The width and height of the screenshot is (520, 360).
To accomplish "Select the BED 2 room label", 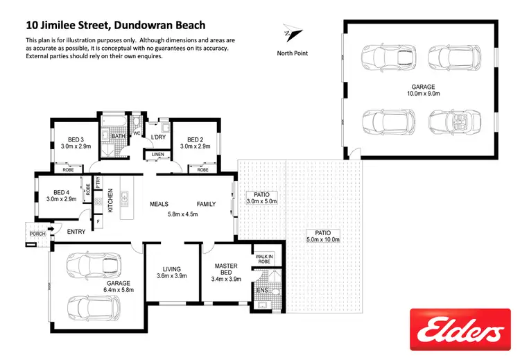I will [195, 139].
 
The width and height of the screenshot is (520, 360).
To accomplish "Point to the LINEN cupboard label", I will [158, 155].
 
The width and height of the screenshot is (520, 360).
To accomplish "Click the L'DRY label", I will [159, 137].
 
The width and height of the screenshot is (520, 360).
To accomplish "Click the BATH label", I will [118, 137].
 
